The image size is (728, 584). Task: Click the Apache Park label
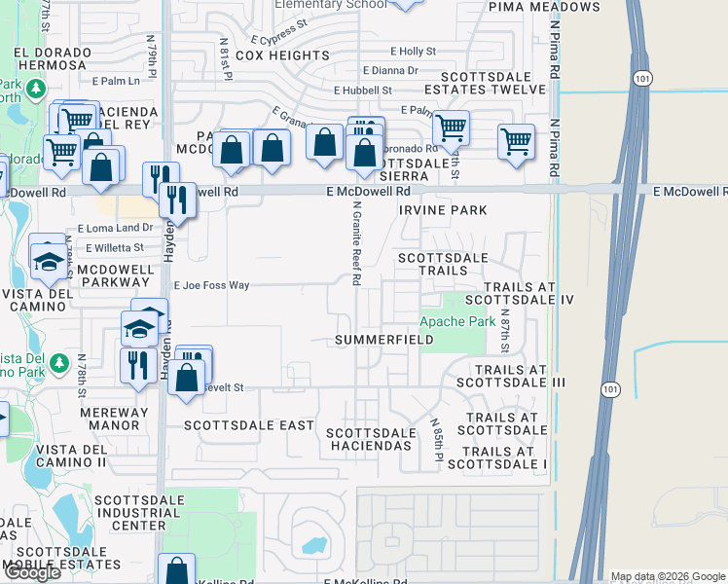coord(457,321)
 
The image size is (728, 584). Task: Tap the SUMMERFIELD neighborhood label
coord(383,340)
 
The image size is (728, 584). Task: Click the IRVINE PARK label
coord(443,210)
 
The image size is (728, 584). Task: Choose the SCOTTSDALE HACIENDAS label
coord(371,439)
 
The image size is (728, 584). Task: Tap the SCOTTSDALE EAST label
coord(249,425)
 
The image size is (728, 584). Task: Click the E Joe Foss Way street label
coord(211,286)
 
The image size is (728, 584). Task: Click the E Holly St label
coord(413,51)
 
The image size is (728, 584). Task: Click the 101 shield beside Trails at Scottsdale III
coord(609,389)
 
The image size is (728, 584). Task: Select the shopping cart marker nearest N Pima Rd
coord(516,140)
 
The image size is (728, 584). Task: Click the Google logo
coord(32,572)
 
